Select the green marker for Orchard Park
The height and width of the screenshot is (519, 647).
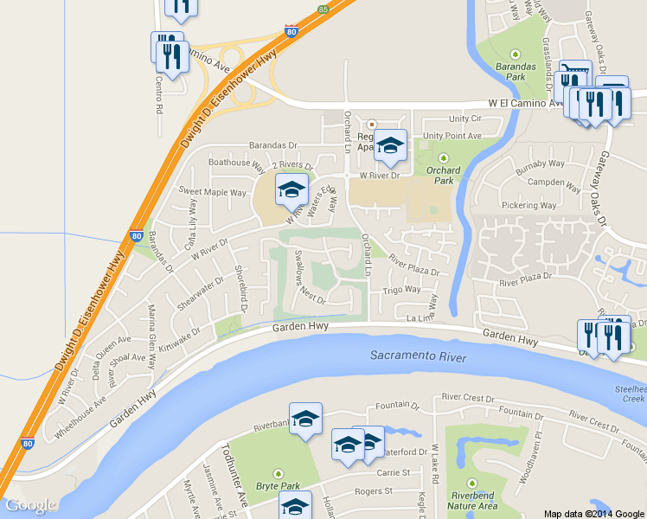pyautogui.click(x=444, y=158)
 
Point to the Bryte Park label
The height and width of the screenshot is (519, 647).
pyautogui.click(x=279, y=484)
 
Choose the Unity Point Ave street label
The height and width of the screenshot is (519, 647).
pyautogui.click(x=452, y=136)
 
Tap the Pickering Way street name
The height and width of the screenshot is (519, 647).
pyautogui.click(x=528, y=206)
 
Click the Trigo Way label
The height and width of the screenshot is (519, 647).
pyautogui.click(x=402, y=291)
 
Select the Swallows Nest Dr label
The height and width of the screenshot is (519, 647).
pyautogui.click(x=307, y=278)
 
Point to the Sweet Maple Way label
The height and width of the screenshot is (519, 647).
pyautogui.click(x=213, y=192)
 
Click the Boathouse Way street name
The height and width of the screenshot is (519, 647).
pyautogui.click(x=236, y=162)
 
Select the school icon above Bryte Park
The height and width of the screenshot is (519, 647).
pyautogui.click(x=305, y=420)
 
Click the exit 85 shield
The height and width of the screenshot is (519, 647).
pyautogui.click(x=323, y=9)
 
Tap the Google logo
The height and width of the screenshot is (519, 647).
pyautogui.click(x=30, y=505)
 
